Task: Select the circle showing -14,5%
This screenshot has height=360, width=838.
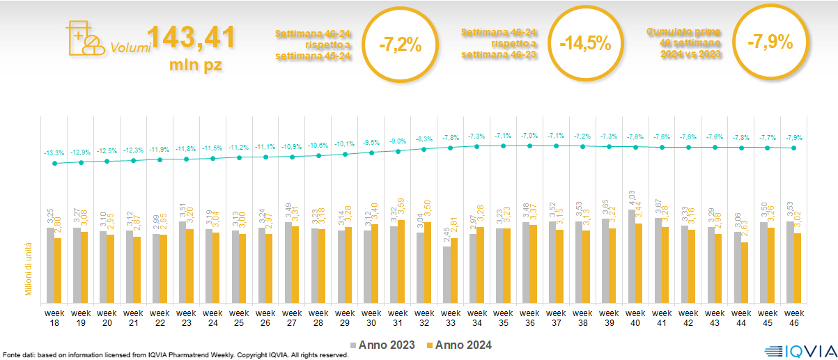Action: [x=585, y=44]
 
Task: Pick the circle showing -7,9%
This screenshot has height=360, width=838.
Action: [x=770, y=42]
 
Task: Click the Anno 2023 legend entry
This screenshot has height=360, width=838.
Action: [x=383, y=345]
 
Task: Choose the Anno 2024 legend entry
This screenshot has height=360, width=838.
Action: [x=459, y=345]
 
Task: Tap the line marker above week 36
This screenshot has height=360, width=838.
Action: [x=529, y=146]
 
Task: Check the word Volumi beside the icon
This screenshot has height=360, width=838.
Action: [x=130, y=48]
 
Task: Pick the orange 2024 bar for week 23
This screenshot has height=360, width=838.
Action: [x=190, y=265]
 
